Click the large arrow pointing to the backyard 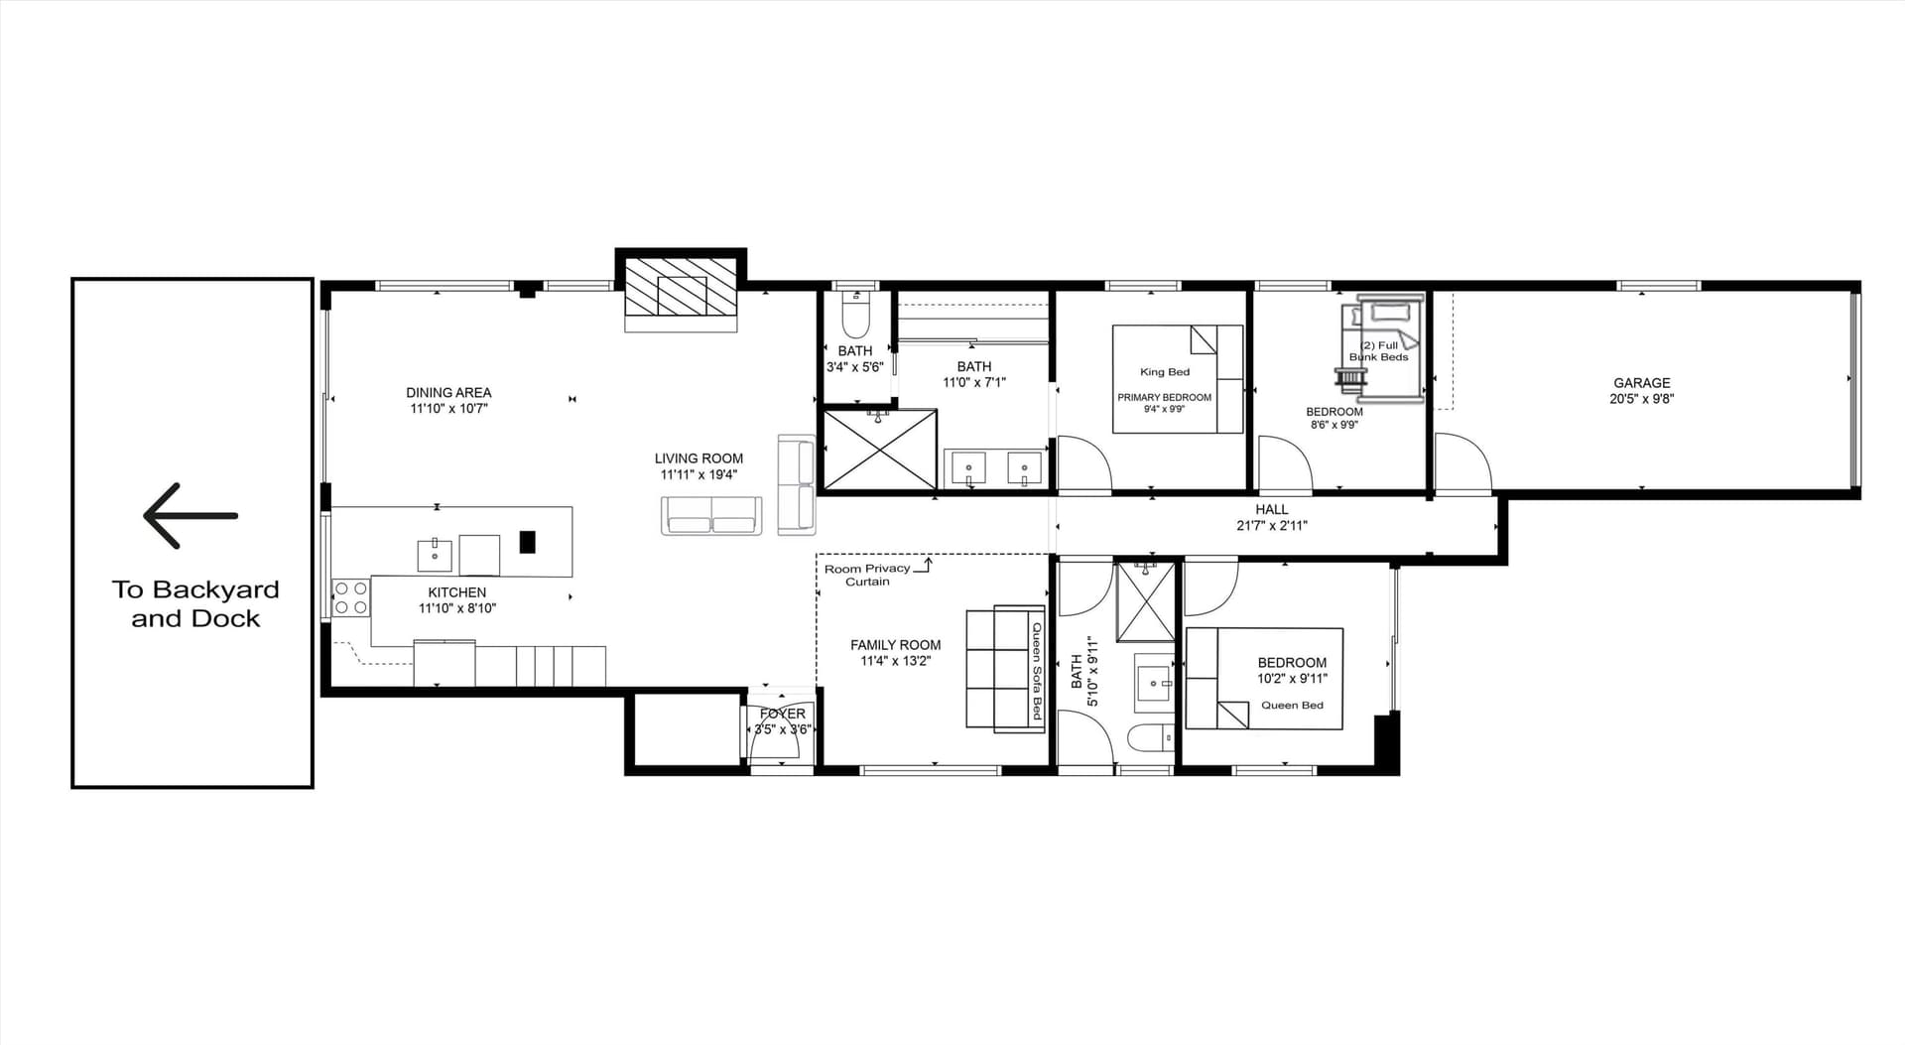pyautogui.click(x=190, y=516)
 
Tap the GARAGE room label pyautogui.click(x=1641, y=383)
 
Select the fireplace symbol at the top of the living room pyautogui.click(x=681, y=295)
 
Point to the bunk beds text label pyautogui.click(x=1378, y=351)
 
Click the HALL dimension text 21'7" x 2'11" pyautogui.click(x=1271, y=526)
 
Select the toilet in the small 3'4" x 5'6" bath pyautogui.click(x=854, y=317)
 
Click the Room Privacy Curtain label pyautogui.click(x=867, y=575)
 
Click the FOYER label pyautogui.click(x=782, y=714)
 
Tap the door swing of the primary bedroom pyautogui.click(x=1083, y=463)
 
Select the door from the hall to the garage pyautogui.click(x=1461, y=463)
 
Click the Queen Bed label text pyautogui.click(x=1292, y=706)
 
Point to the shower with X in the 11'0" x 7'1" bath pyautogui.click(x=880, y=450)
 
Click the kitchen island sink pyautogui.click(x=435, y=556)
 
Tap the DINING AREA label pyautogui.click(x=448, y=393)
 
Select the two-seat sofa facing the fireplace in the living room pyautogui.click(x=711, y=515)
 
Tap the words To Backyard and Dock pyautogui.click(x=194, y=603)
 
